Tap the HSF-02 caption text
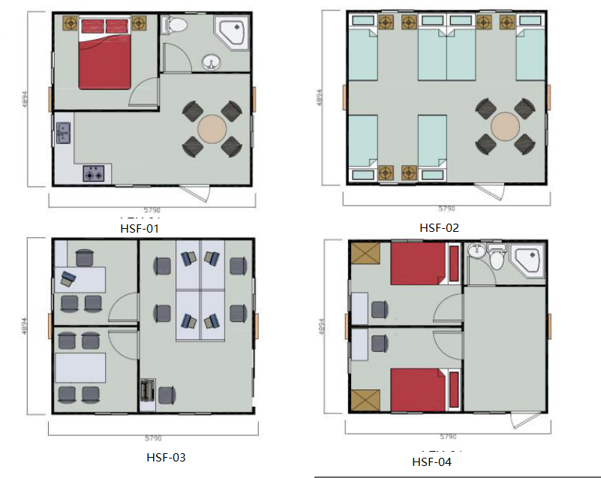pyautogui.click(x=439, y=228)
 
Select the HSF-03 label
pyautogui.click(x=166, y=456)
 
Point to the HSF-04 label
pyautogui.click(x=432, y=461)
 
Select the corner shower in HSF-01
pyautogui.click(x=232, y=32)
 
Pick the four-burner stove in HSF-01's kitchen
pyautogui.click(x=94, y=174)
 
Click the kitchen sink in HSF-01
pyautogui.click(x=62, y=133)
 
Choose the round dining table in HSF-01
pyautogui.click(x=212, y=129)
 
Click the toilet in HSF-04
pyautogui.click(x=496, y=260)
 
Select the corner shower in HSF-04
pyautogui.click(x=527, y=261)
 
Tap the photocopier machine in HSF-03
pyautogui.click(x=147, y=392)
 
